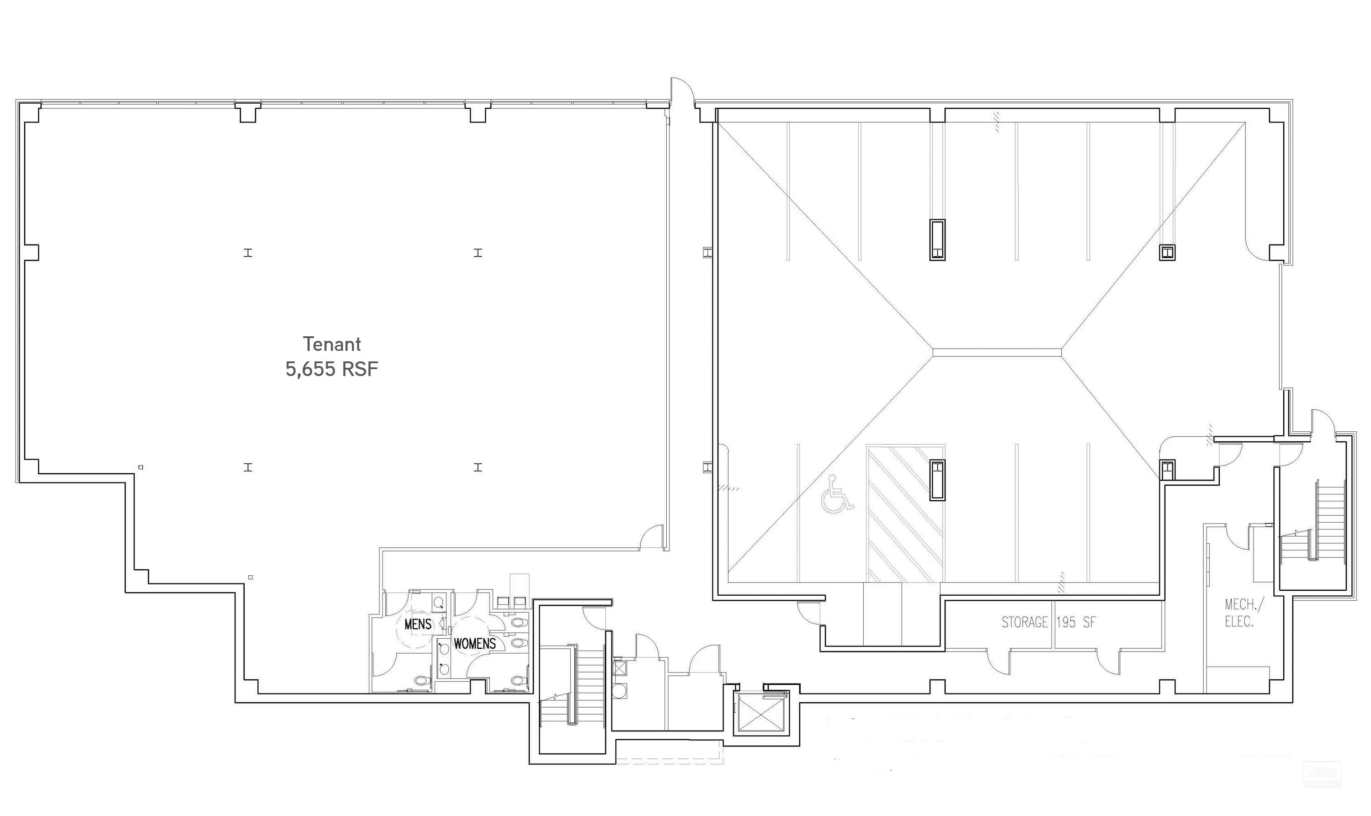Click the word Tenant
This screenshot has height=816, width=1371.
(332, 344)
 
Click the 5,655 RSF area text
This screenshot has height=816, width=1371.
(332, 369)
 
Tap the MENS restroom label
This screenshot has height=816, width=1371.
(418, 624)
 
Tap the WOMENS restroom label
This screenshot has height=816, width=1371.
(474, 643)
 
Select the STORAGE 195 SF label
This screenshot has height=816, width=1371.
(1048, 622)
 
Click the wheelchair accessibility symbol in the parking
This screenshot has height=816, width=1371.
(836, 494)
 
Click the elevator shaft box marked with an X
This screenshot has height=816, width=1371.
(763, 713)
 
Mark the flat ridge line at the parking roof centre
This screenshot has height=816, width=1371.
(997, 352)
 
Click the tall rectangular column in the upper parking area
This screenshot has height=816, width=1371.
(937, 240)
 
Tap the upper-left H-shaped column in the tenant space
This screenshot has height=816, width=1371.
(248, 253)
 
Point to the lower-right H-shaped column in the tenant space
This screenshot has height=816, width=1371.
(478, 467)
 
